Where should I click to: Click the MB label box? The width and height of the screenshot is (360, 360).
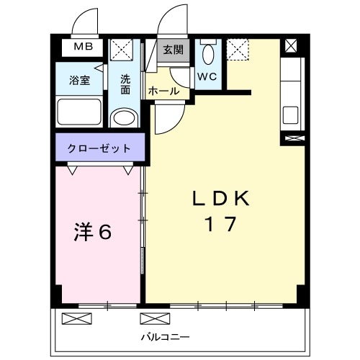click(x=82, y=49)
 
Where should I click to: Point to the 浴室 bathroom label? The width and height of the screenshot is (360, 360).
click(x=80, y=81)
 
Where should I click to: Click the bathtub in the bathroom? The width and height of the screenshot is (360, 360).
click(x=80, y=112)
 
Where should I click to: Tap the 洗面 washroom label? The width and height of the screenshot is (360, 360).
click(x=125, y=84)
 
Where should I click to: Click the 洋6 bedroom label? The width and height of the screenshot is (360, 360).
click(x=94, y=231)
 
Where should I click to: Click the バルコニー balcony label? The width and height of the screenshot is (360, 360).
click(x=165, y=336)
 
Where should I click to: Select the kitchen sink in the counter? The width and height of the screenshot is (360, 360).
click(x=291, y=114)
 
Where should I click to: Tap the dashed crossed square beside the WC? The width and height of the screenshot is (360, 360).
click(x=237, y=49)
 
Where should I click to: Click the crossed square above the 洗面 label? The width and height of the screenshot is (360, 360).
click(x=120, y=50)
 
